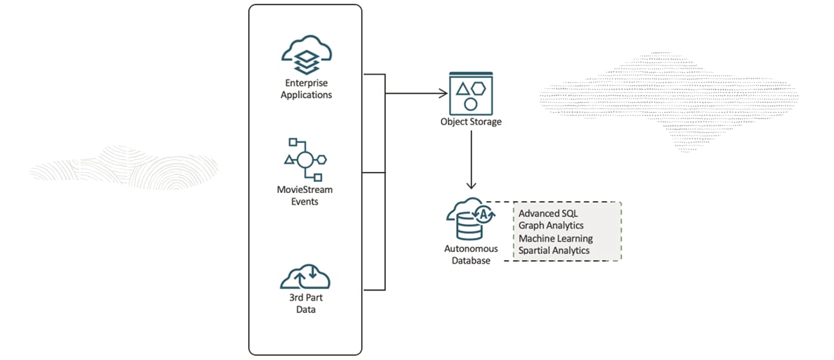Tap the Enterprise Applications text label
pos(306,89)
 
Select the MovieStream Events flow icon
pos(305,159)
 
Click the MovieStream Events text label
pos(305,196)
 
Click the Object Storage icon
pos(470,91)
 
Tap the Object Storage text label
pos(471,122)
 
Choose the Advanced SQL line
pos(548,214)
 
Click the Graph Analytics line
pos(551,226)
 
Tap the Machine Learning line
pos(555,238)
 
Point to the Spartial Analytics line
pos(554,251)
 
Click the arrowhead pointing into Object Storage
pos(444,94)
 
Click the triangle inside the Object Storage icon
pos(462,89)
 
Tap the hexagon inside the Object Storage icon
pos(478,88)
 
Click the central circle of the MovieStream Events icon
pos(305,160)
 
